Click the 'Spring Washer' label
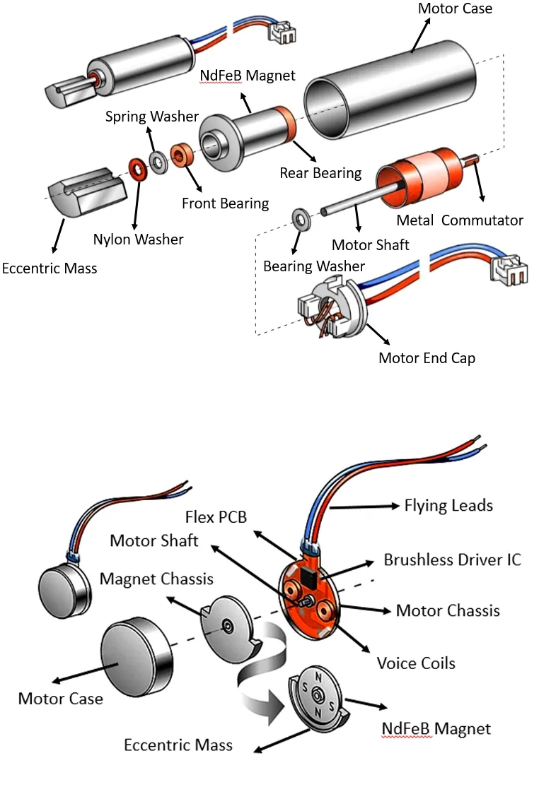[152, 117]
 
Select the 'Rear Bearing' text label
[320, 173]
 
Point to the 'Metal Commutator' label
[460, 220]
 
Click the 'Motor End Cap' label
[427, 358]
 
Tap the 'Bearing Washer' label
[314, 266]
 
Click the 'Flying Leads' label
[448, 506]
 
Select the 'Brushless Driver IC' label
[452, 560]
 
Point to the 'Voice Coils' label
[416, 663]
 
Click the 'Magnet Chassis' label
[156, 579]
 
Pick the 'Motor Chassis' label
[448, 610]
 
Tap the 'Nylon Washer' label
[138, 239]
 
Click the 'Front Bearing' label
[225, 203]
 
